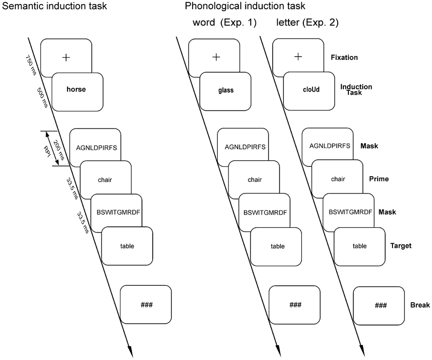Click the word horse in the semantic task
(x=76, y=89)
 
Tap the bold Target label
(x=401, y=246)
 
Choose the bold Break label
(x=420, y=305)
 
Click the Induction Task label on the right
(x=356, y=90)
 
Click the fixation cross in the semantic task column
(x=66, y=58)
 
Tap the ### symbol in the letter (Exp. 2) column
(x=380, y=305)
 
